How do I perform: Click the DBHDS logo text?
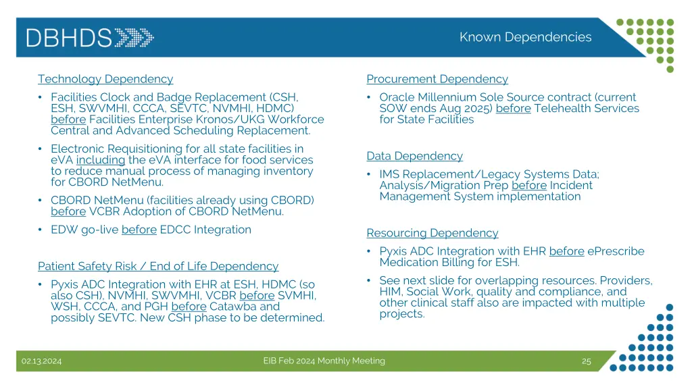[69, 37]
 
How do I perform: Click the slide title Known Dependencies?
[525, 37]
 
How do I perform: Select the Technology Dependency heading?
[105, 79]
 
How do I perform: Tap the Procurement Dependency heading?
[437, 79]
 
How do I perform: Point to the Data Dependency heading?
[414, 156]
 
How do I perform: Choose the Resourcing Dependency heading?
[432, 233]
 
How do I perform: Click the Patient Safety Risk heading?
[157, 266]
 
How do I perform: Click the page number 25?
[586, 361]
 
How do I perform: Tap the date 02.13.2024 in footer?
[41, 361]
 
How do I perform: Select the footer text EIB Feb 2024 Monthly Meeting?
[324, 361]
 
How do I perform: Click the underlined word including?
[101, 160]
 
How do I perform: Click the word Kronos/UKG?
[240, 120]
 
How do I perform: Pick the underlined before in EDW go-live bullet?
[139, 230]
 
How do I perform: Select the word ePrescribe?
[616, 251]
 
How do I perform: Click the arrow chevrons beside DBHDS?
[134, 37]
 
